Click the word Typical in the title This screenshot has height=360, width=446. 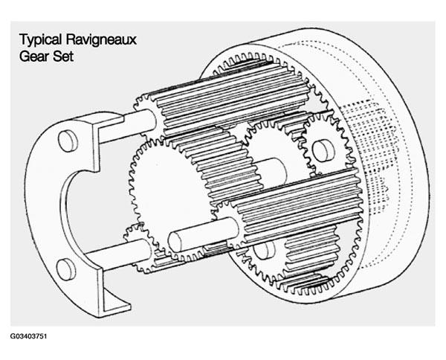[40, 40]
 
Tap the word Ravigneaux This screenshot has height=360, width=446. [101, 40]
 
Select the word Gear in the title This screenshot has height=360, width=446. [30, 56]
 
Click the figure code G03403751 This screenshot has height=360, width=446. [28, 336]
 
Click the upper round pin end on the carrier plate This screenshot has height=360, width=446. [68, 141]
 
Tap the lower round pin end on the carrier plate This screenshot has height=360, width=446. [66, 269]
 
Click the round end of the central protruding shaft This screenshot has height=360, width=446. [175, 242]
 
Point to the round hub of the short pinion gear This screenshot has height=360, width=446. [323, 149]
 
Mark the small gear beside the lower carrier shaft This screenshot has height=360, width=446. [140, 248]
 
